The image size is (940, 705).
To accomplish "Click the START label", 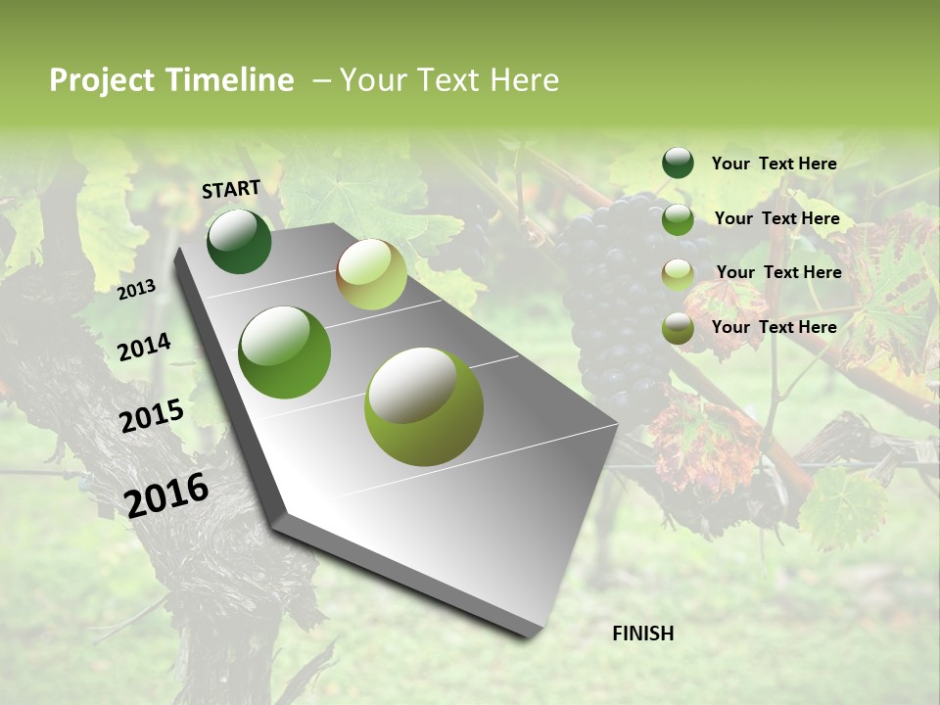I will pyautogui.click(x=231, y=189).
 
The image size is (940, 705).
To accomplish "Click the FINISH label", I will pyautogui.click(x=642, y=634).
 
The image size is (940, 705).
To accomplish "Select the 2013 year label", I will pyautogui.click(x=137, y=289).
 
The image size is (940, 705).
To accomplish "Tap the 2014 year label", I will pyautogui.click(x=144, y=347).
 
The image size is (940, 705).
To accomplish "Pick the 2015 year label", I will pyautogui.click(x=152, y=416).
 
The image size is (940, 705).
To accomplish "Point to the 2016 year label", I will pyautogui.click(x=166, y=494).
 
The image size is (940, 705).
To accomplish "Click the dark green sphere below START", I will pyautogui.click(x=240, y=241).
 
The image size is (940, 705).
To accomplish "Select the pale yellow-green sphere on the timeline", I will pyautogui.click(x=371, y=274).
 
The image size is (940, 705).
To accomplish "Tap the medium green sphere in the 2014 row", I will pyautogui.click(x=285, y=352).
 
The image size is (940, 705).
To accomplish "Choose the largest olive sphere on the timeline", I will pyautogui.click(x=424, y=406).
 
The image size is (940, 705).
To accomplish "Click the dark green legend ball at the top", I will pyautogui.click(x=678, y=163).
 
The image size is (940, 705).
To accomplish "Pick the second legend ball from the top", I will pyautogui.click(x=678, y=219).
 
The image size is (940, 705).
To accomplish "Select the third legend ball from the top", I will pyautogui.click(x=678, y=274).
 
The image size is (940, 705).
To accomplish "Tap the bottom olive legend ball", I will pyautogui.click(x=678, y=328).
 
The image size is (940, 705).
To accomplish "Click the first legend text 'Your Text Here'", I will pyautogui.click(x=774, y=164).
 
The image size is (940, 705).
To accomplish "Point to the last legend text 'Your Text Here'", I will pyautogui.click(x=774, y=327).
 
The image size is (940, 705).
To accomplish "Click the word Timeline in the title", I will pyautogui.click(x=231, y=80).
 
